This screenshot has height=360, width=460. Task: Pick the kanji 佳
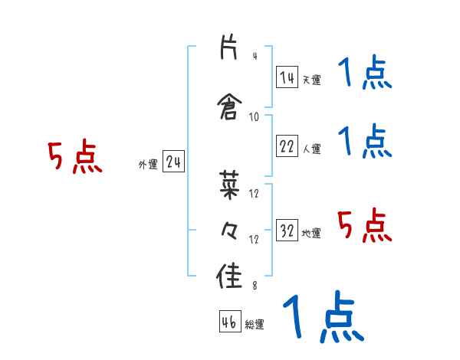[x=229, y=276]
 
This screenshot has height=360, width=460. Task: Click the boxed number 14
[x=287, y=77]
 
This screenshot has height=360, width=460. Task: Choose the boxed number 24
[x=173, y=162]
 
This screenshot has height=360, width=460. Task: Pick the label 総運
[x=255, y=325]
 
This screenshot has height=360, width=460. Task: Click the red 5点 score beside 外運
[x=74, y=158]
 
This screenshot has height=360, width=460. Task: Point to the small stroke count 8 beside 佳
[x=254, y=286]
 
